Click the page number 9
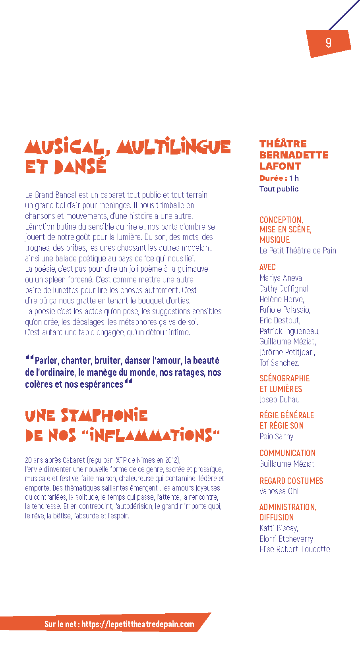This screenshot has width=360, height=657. coord(328,43)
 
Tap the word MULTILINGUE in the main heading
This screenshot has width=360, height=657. coord(174,147)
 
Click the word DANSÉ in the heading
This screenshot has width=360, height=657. coord(80,167)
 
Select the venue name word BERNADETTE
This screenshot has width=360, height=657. coord(294,155)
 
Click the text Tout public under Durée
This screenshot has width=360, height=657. coord(279,189)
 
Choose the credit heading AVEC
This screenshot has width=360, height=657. coord(267,267)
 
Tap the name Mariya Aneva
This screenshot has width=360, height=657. coord(281,278)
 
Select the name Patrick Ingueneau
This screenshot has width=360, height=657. coord(289,331)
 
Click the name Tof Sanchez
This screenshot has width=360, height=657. coord(279,363)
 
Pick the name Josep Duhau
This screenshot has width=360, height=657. coord(280,400)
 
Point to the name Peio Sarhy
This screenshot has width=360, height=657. coord(277,436)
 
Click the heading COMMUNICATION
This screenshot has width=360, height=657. coord(287,453)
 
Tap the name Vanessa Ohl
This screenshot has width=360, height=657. coord(279,491)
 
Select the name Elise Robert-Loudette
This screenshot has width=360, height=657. coord(295,549)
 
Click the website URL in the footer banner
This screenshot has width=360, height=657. coord(138,624)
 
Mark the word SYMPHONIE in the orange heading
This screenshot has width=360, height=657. coord(104,416)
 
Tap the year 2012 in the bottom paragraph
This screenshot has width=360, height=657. coord(171,460)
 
